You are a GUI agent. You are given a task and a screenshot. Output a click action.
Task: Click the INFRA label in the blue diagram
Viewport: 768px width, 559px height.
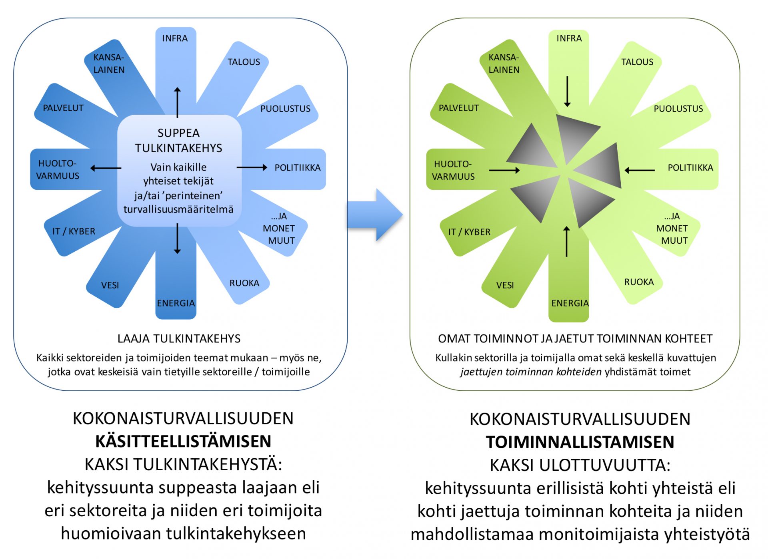pos(175,38)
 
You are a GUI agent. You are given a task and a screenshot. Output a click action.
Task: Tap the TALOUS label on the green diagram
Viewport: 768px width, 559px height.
pos(637,62)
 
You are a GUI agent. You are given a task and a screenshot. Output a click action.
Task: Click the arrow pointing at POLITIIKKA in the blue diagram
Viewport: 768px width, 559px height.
pos(252,167)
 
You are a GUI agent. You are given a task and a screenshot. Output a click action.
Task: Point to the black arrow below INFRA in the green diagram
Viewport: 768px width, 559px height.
pos(567,92)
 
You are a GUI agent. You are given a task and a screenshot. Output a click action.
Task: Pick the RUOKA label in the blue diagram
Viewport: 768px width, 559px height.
pos(244,283)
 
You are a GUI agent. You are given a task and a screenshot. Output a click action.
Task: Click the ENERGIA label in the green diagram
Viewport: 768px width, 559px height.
pos(570,303)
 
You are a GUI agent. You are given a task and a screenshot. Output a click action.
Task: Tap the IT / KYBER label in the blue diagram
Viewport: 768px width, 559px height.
pos(74,231)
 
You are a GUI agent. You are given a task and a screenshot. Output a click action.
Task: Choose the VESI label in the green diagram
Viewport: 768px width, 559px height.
pos(505,285)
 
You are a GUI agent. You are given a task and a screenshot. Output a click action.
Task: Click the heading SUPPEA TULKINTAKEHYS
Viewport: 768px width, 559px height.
pos(178,140)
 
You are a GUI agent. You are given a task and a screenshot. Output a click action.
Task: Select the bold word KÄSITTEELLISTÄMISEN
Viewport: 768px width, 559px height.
pos(183,442)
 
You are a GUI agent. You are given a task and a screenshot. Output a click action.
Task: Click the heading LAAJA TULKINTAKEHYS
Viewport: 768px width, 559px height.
pos(179,339)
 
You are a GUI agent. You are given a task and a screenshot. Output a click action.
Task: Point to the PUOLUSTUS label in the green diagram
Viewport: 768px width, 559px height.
pos(678,109)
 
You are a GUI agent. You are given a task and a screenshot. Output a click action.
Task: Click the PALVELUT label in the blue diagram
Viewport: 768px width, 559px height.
pos(63,108)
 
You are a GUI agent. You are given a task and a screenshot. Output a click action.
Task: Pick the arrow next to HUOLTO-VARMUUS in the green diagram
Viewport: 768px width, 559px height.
pos(504,171)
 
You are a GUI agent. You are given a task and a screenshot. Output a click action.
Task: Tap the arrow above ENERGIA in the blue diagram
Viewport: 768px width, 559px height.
pos(178,239)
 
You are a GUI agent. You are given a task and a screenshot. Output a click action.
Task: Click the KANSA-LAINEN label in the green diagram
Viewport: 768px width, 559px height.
pos(504,64)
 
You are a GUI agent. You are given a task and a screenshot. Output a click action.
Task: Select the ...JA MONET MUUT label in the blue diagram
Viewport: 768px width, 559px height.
pos(279,229)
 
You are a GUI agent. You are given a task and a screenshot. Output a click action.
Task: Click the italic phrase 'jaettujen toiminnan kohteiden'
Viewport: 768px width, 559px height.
pos(531,372)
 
